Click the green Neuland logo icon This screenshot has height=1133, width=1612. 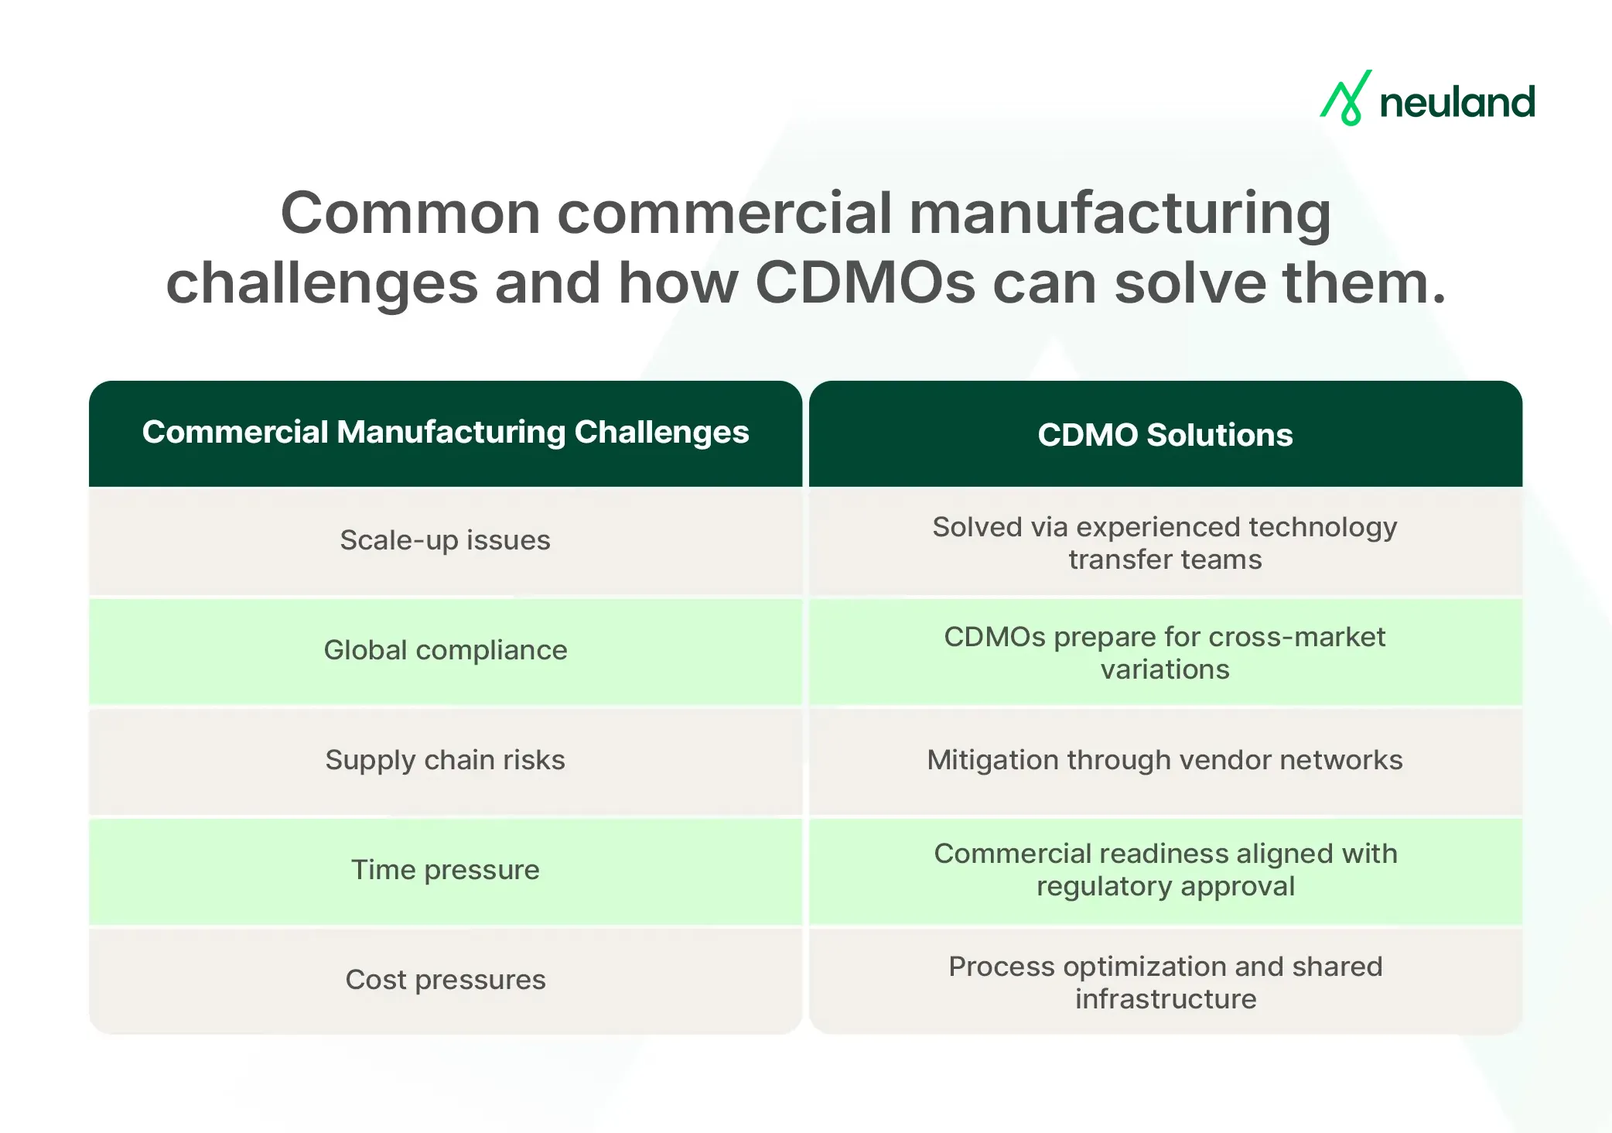point(1346,99)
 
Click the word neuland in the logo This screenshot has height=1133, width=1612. point(1457,103)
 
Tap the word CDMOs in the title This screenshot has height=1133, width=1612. point(865,282)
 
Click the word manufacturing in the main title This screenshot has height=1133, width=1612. point(1119,214)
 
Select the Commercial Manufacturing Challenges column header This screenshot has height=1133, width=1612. point(446,433)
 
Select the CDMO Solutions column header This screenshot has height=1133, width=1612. point(1165,435)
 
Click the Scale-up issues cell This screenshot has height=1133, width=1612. point(446,540)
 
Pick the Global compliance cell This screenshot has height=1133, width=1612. point(446,650)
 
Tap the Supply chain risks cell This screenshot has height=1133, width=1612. point(446,760)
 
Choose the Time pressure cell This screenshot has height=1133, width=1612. point(446,870)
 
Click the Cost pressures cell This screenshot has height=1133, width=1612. point(446,980)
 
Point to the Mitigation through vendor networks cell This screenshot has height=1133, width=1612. point(1165,760)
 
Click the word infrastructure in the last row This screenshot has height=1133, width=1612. point(1165,999)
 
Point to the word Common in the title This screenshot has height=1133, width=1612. point(410,213)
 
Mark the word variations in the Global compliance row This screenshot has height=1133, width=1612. point(1165,669)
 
